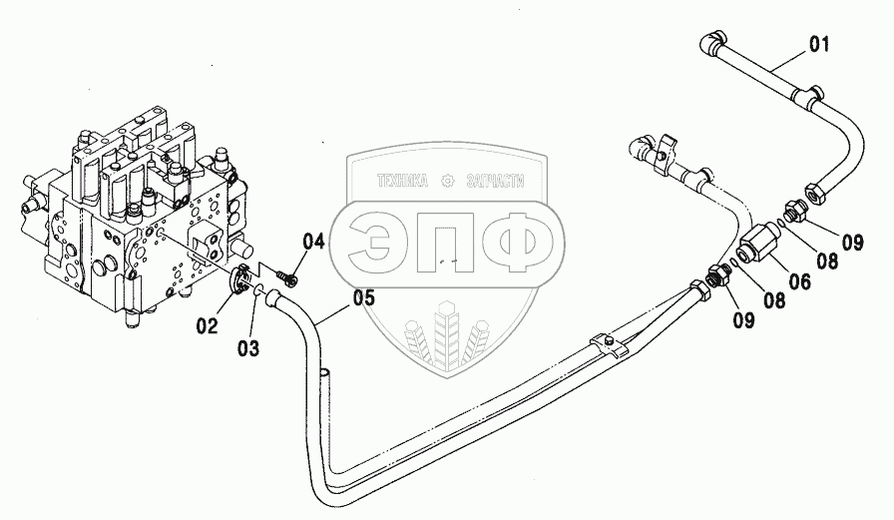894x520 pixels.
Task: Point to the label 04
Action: pyautogui.click(x=314, y=241)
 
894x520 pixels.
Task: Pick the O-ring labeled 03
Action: pyautogui.click(x=256, y=291)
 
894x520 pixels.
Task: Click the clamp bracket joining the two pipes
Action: pyautogui.click(x=609, y=344)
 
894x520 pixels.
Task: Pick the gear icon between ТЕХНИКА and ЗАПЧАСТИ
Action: pyautogui.click(x=446, y=182)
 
